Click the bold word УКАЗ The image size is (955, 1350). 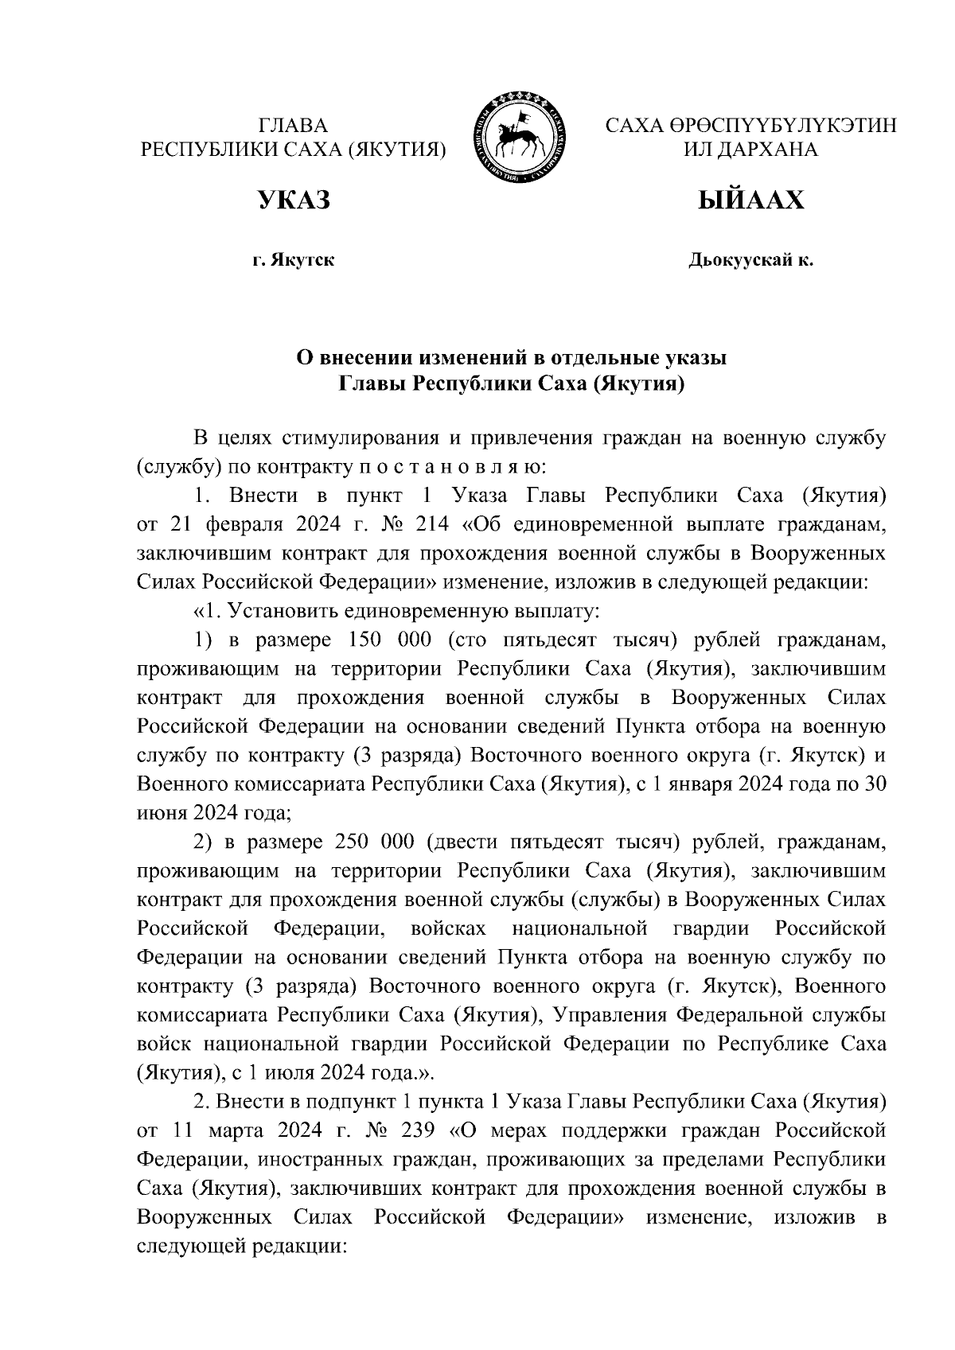click(292, 200)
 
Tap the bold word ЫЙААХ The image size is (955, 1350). click(750, 200)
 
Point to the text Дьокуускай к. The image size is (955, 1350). click(750, 260)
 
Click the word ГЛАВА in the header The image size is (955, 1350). click(293, 126)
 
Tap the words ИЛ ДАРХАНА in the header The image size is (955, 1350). click(750, 150)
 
